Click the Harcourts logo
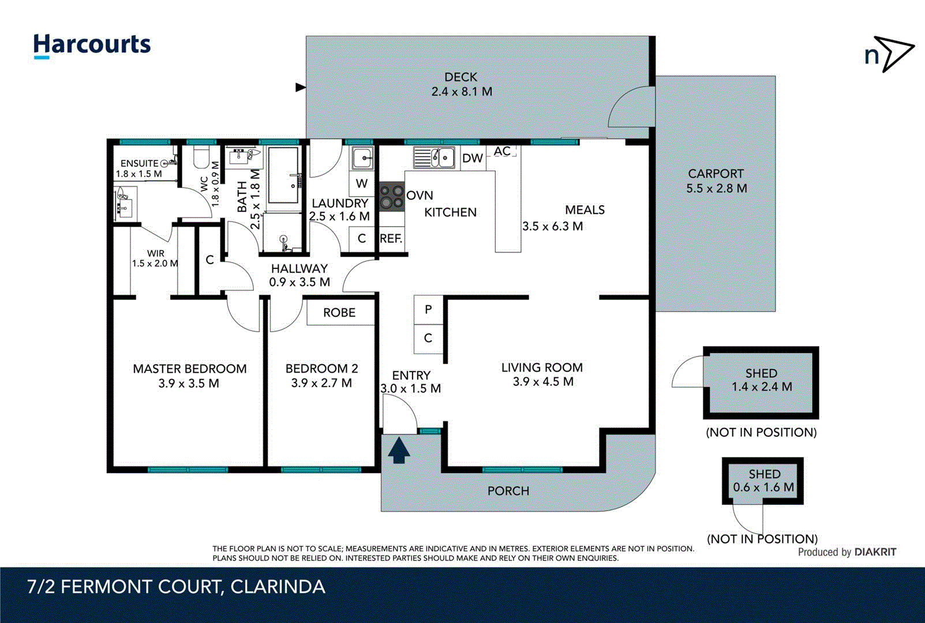(x=92, y=45)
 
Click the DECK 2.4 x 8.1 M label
(x=461, y=84)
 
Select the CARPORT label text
(x=716, y=174)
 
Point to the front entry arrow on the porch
(x=399, y=451)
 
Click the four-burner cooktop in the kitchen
(x=391, y=196)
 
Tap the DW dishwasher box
(x=473, y=158)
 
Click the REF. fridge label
(x=391, y=239)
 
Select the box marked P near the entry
(x=428, y=310)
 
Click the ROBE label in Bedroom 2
(x=339, y=313)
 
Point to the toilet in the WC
(x=201, y=157)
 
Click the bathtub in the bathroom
(x=283, y=175)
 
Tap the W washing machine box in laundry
(x=362, y=184)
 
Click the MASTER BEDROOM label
(x=189, y=369)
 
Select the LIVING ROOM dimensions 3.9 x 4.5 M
(x=543, y=382)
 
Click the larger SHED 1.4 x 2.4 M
(x=761, y=381)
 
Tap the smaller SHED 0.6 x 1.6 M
(x=763, y=481)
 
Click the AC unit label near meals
(x=501, y=151)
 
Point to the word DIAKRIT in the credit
(x=875, y=552)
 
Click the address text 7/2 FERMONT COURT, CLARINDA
(x=176, y=587)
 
